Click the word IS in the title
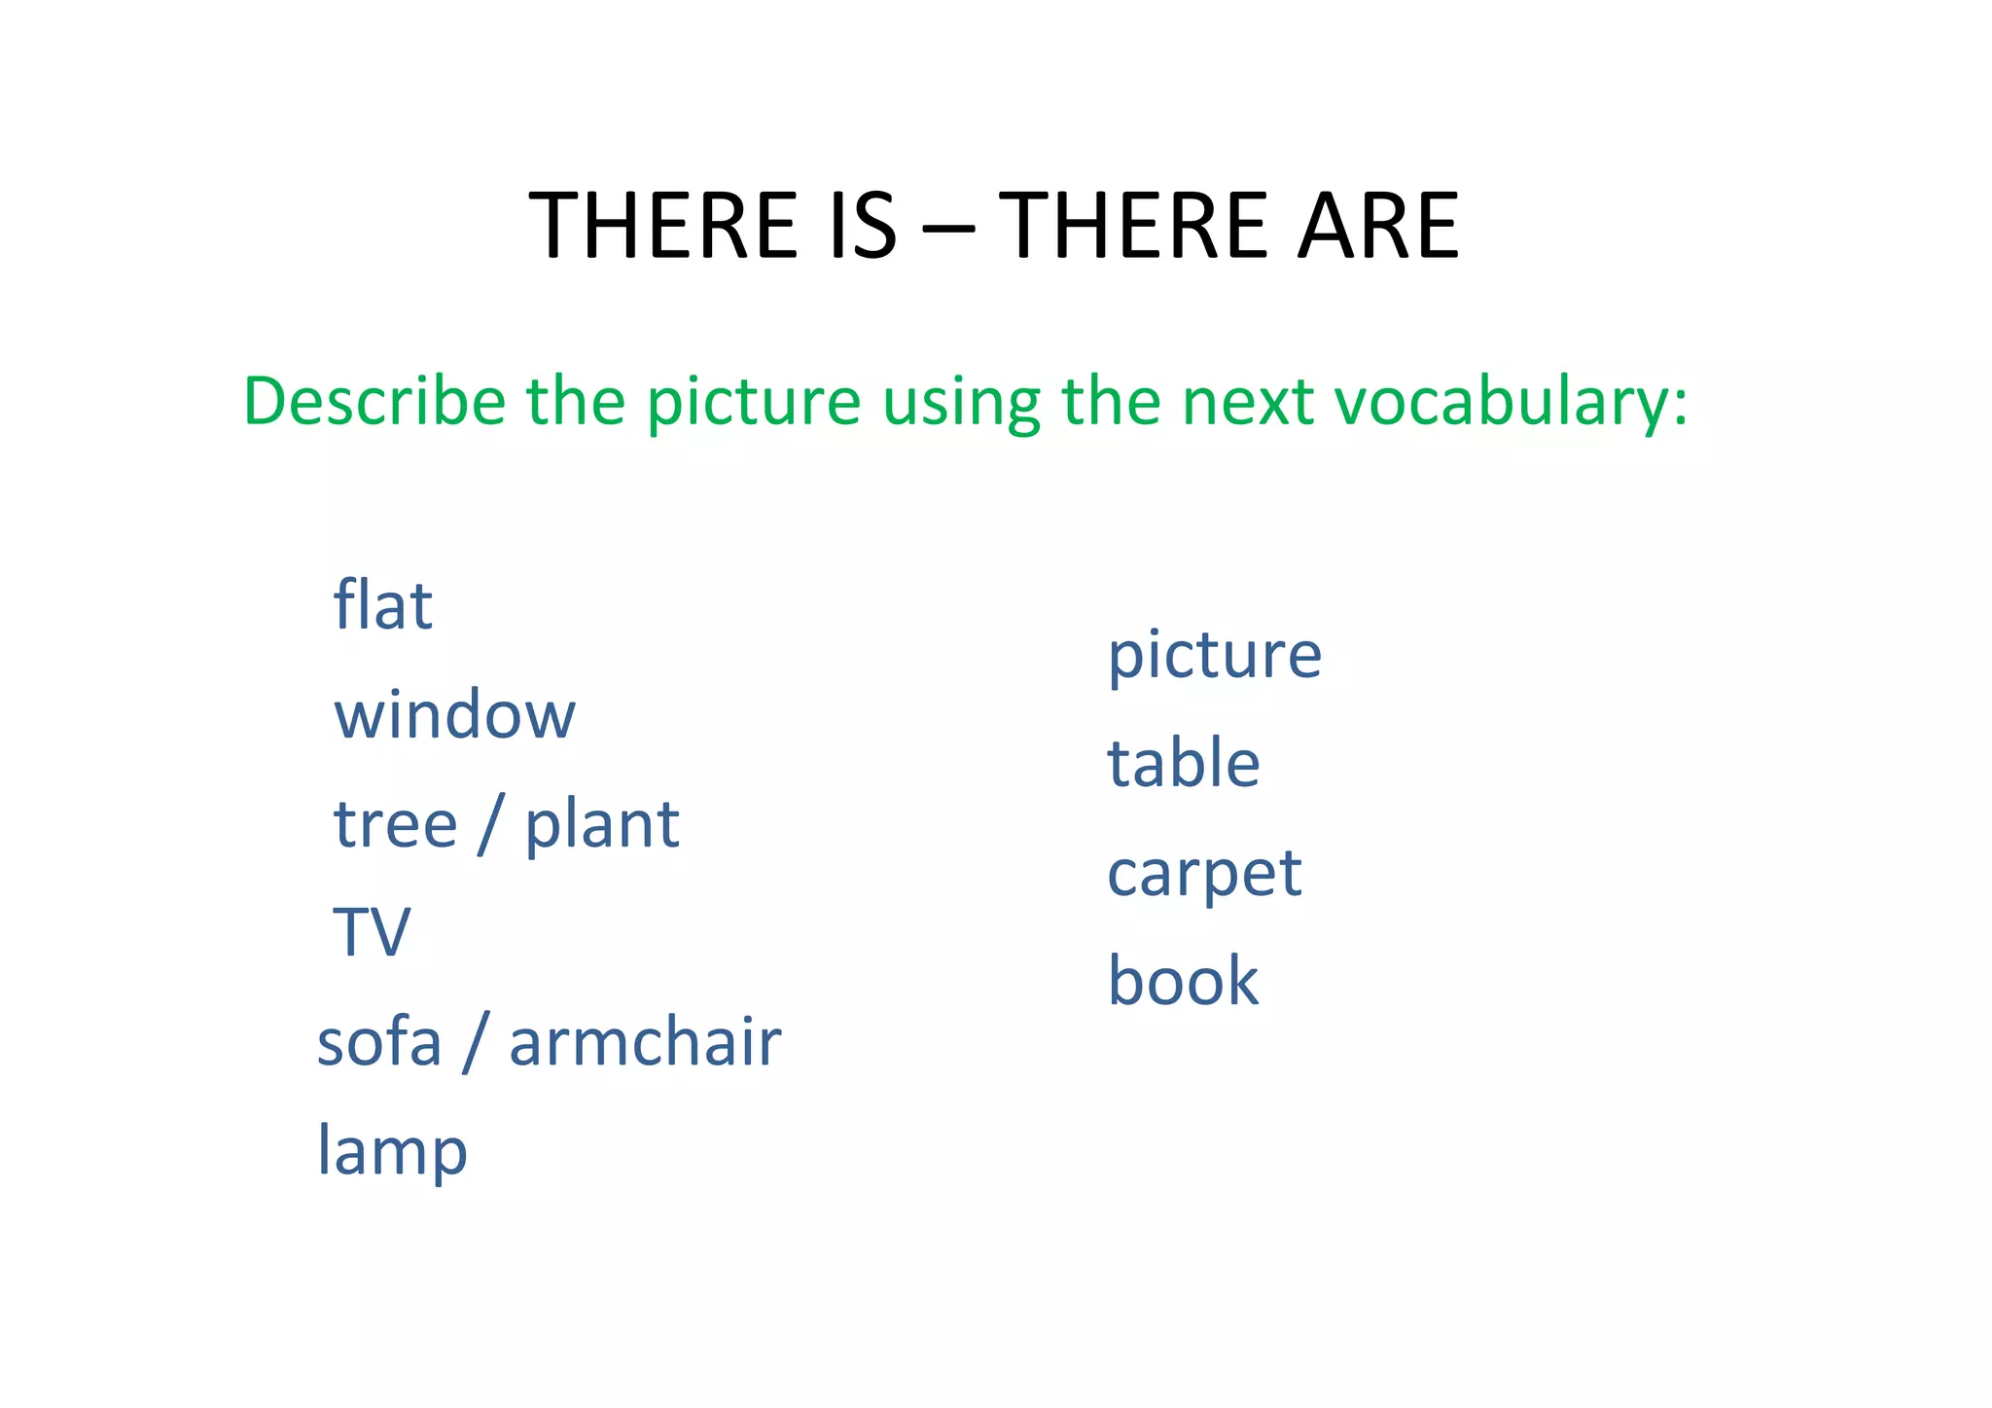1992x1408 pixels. (x=862, y=226)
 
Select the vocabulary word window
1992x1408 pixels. (x=454, y=714)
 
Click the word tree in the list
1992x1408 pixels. (x=395, y=824)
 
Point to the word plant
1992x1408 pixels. (x=601, y=826)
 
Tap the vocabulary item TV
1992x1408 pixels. (x=372, y=932)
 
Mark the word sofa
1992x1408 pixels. (x=379, y=1041)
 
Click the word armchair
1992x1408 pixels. (x=645, y=1041)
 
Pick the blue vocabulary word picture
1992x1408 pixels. (x=1214, y=656)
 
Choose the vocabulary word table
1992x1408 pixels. (x=1183, y=763)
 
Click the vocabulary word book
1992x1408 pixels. (x=1183, y=981)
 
